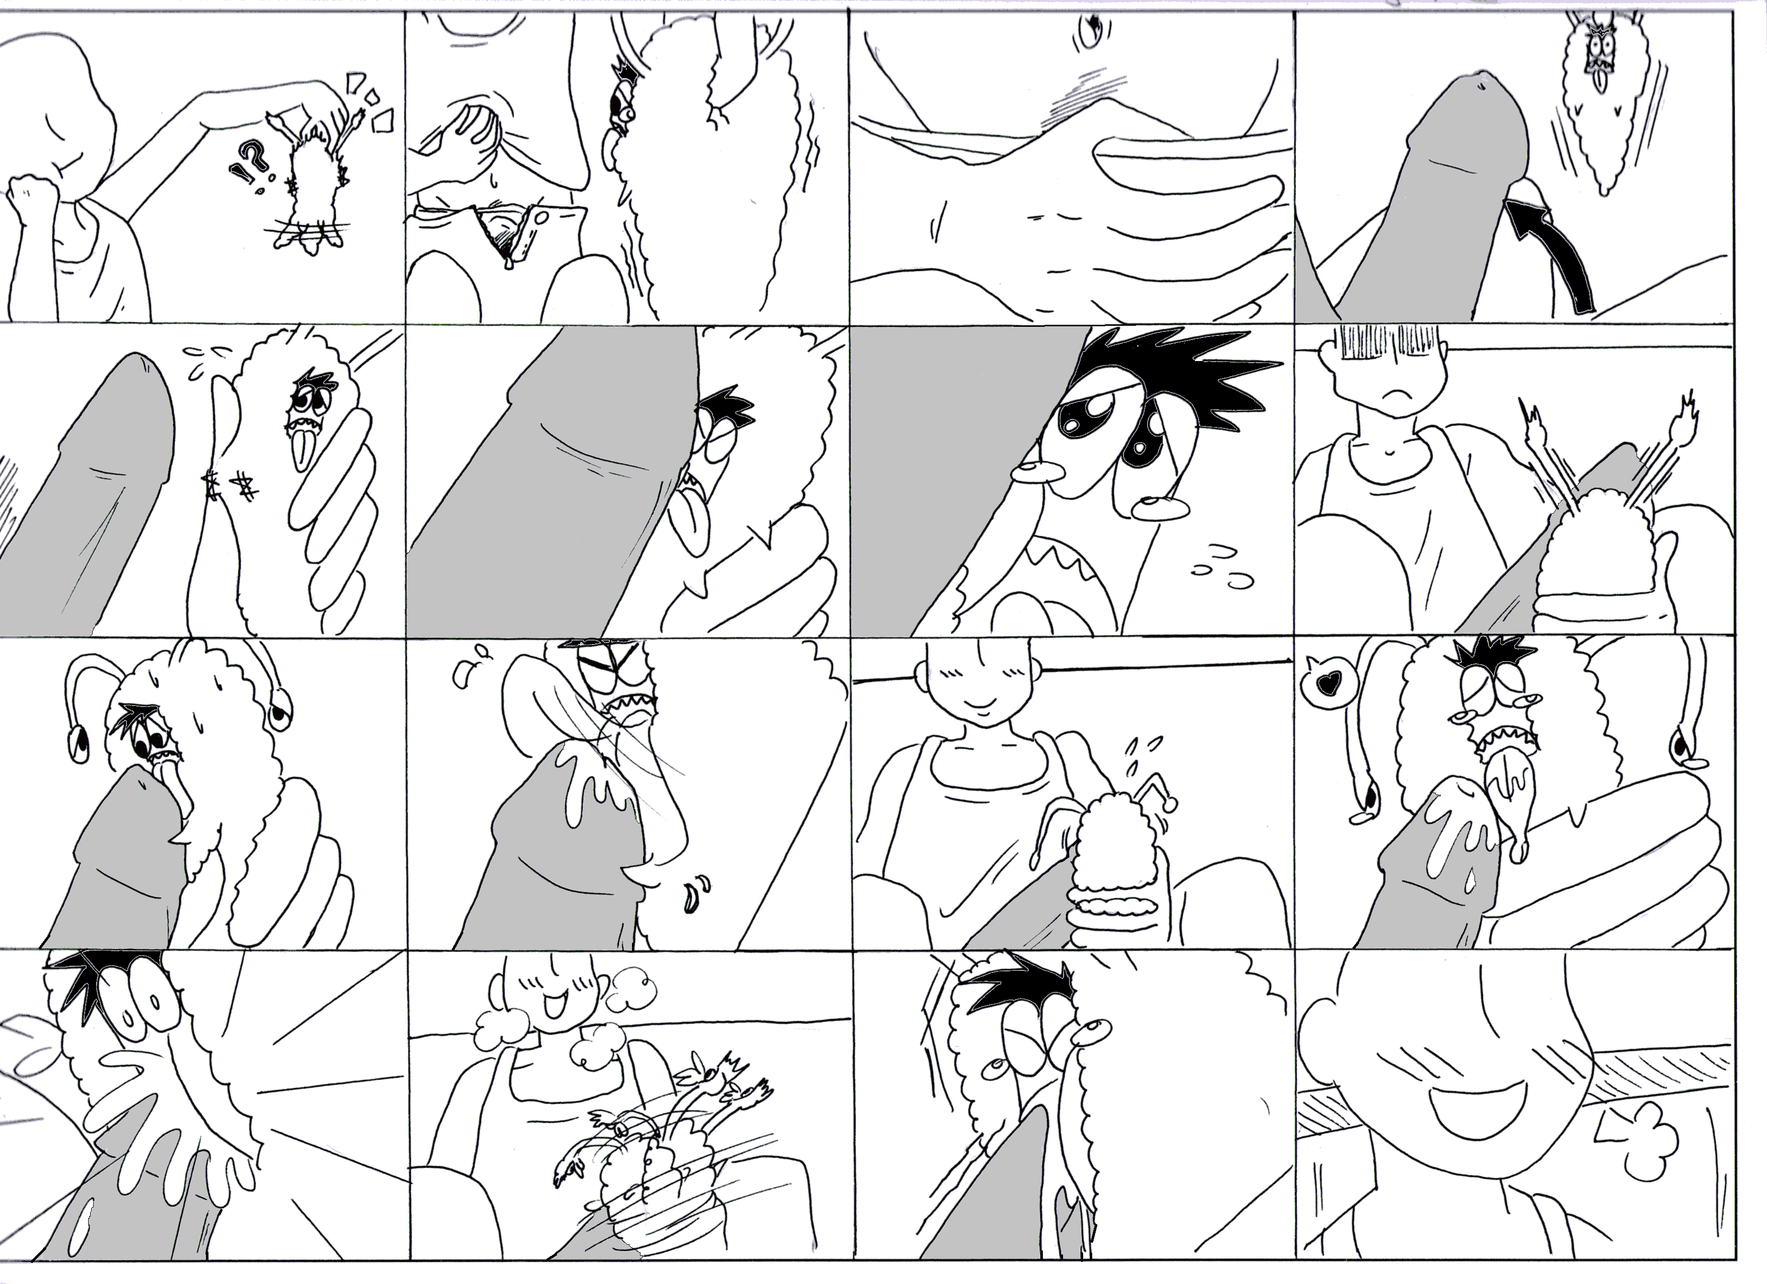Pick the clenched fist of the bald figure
tap(31, 201)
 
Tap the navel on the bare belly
tap(1090, 30)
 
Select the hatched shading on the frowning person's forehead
tap(1375, 343)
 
